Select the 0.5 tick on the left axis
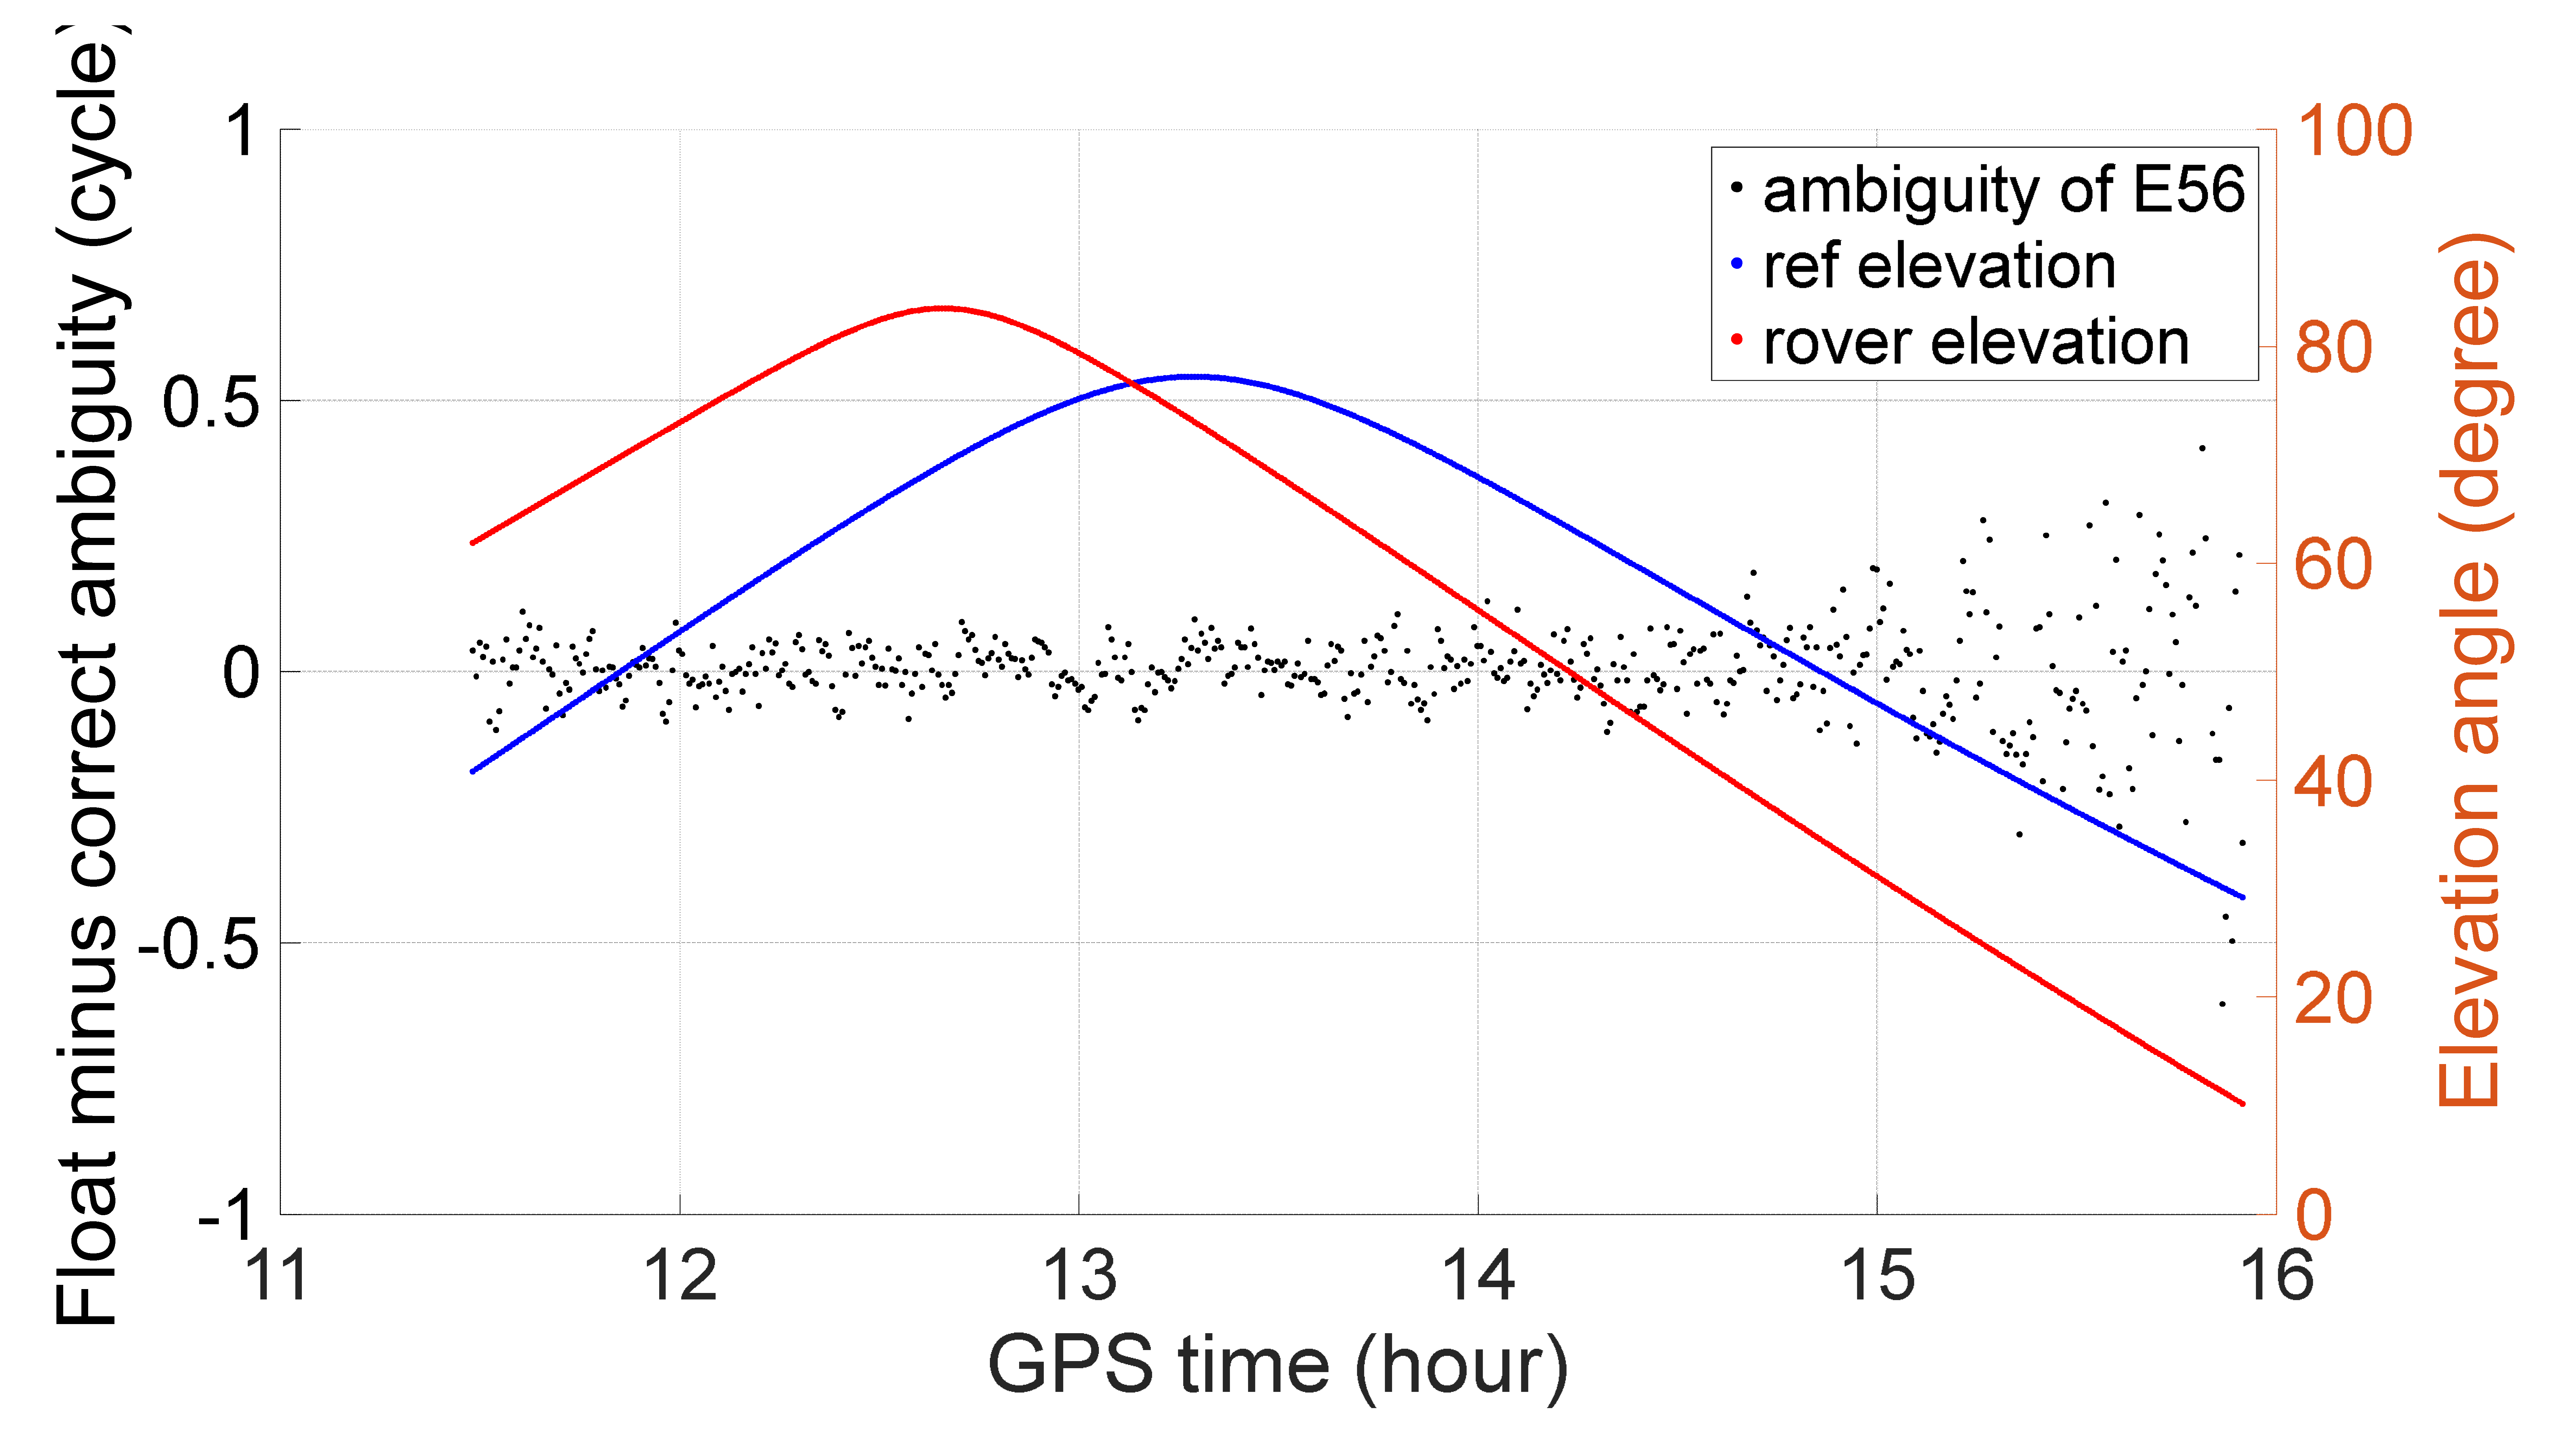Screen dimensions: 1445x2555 210,402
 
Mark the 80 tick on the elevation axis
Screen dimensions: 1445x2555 2334,347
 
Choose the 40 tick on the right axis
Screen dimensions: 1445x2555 2334,781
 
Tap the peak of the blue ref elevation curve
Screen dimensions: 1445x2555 1199,376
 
